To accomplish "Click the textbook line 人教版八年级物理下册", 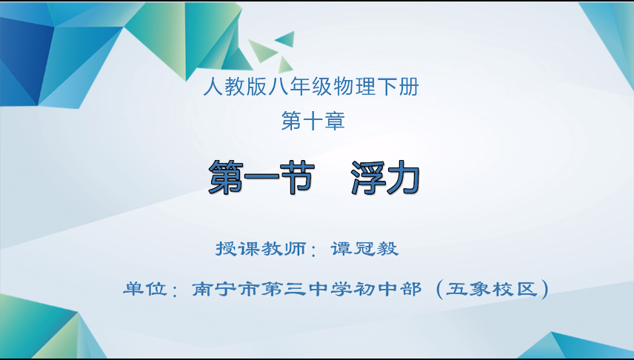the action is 310,87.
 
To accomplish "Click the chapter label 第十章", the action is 313,121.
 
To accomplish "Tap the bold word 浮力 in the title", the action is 385,178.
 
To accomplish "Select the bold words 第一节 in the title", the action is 261,178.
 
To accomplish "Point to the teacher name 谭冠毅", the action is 364,249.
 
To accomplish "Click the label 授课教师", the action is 261,249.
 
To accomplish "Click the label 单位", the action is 145,289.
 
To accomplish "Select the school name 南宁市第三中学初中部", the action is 307,289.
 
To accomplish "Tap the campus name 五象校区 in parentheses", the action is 492,289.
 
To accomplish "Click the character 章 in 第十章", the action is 334,121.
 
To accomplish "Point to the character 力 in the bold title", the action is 403,178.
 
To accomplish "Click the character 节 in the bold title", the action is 297,178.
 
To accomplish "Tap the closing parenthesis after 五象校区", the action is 544,289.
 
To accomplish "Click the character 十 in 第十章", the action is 313,121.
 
